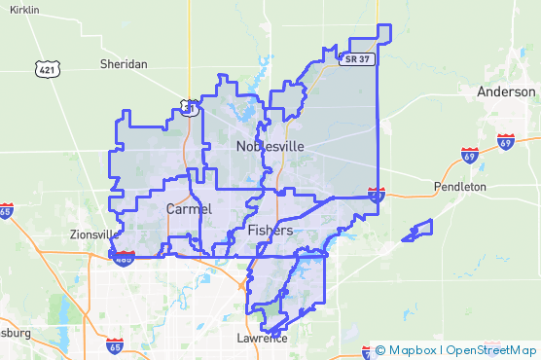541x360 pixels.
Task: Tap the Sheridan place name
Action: point(124,64)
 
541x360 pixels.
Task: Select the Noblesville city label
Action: point(270,146)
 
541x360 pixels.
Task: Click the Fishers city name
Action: point(269,231)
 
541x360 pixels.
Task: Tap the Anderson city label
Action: point(506,91)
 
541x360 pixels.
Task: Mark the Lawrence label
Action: point(262,339)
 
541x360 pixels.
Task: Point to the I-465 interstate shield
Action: point(123,257)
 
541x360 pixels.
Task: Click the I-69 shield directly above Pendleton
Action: point(469,156)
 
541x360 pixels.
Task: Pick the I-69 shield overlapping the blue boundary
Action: point(377,195)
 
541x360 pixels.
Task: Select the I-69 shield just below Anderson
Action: point(505,142)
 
